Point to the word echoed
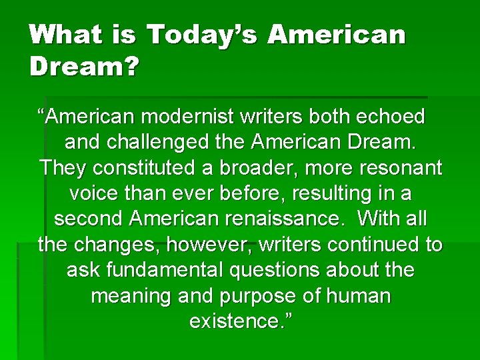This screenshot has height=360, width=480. [392, 117]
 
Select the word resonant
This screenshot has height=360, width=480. [397, 168]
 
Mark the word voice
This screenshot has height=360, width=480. [95, 194]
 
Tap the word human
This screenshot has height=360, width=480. [355, 296]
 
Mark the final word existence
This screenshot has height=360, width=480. [239, 321]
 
